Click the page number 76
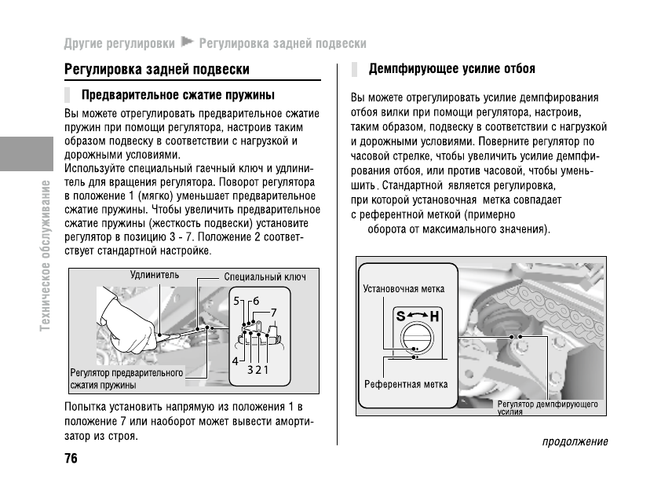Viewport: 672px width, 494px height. (x=71, y=459)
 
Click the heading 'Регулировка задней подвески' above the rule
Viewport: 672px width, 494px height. (x=156, y=70)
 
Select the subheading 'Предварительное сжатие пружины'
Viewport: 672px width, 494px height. (x=179, y=96)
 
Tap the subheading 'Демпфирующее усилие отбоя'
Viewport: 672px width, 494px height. (x=451, y=69)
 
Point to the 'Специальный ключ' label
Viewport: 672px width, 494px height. (x=265, y=277)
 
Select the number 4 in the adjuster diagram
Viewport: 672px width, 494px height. (x=235, y=360)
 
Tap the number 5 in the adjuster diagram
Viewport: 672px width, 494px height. (x=237, y=301)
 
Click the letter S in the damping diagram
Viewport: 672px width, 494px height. (x=400, y=317)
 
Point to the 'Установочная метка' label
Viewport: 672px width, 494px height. (x=404, y=288)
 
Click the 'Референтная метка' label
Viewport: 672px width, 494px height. (x=406, y=385)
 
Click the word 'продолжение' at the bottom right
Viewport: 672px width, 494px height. (x=575, y=441)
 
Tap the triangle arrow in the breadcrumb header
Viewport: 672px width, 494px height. (x=187, y=42)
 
